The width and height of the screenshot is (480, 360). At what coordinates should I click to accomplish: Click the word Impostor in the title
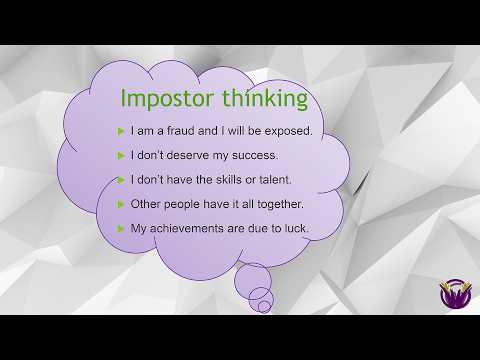(x=162, y=99)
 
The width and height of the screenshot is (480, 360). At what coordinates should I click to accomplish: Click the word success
(x=247, y=156)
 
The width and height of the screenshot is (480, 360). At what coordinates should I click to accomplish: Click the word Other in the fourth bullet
(x=146, y=204)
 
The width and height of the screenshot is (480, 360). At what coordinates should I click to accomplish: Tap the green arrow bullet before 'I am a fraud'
(x=120, y=132)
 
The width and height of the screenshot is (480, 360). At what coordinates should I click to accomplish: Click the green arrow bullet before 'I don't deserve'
(x=120, y=156)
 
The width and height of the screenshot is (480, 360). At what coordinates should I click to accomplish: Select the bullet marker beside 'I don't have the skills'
(x=120, y=180)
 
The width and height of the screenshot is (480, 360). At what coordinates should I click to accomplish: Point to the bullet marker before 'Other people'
(x=120, y=204)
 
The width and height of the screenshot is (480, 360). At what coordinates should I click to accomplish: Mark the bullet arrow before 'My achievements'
(x=120, y=228)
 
